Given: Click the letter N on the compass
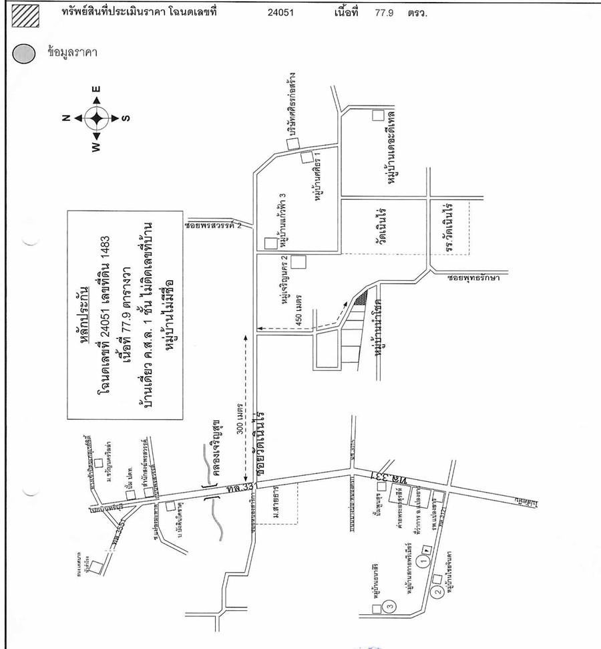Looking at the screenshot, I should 65,118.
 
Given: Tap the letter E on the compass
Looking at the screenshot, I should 96,89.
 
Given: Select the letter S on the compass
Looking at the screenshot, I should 126,118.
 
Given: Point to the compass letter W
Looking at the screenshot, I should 96,147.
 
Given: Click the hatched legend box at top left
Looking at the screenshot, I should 26,15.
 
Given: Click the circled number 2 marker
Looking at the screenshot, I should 439,592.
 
